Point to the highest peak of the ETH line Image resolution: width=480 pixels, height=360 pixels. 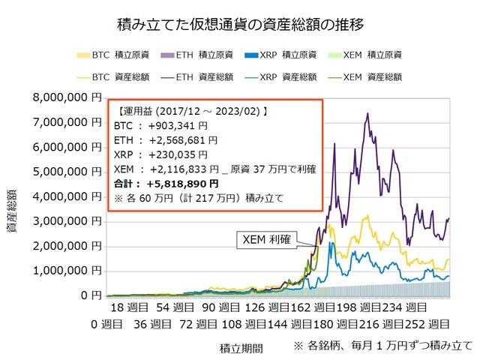[x=367, y=113]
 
